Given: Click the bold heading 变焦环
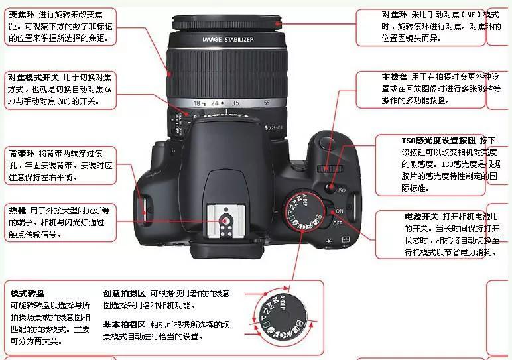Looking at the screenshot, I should (23, 14).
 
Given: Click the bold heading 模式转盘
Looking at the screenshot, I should (28, 292).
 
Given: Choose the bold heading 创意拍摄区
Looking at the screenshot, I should (124, 292).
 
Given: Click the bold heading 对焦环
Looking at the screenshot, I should (395, 14).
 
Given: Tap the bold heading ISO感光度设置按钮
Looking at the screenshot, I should (438, 140).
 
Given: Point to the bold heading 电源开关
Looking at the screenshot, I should (421, 216).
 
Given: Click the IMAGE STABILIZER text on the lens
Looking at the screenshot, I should (227, 40).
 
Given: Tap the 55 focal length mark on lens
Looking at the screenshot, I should (267, 103).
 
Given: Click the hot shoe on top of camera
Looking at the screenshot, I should (227, 222).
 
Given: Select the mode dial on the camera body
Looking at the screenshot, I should (302, 210).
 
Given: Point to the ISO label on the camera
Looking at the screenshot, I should (342, 190).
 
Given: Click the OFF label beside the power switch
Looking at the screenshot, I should (337, 223).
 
